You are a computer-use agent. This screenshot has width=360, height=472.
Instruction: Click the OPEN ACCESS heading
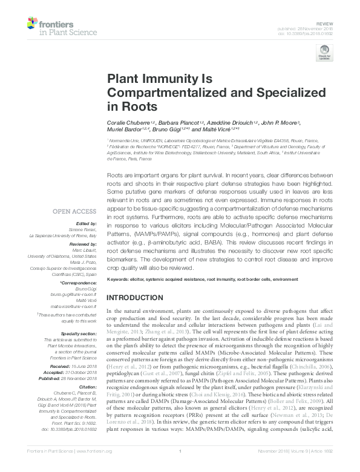[x=74, y=211]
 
